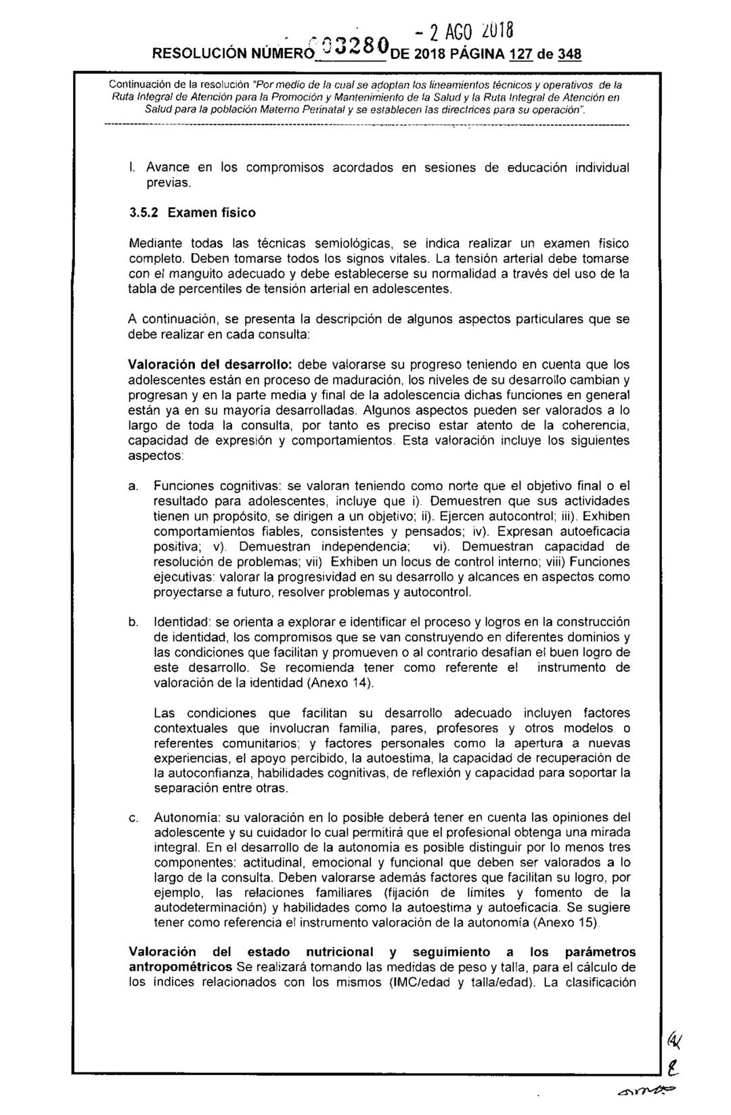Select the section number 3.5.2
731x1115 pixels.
(144, 212)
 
